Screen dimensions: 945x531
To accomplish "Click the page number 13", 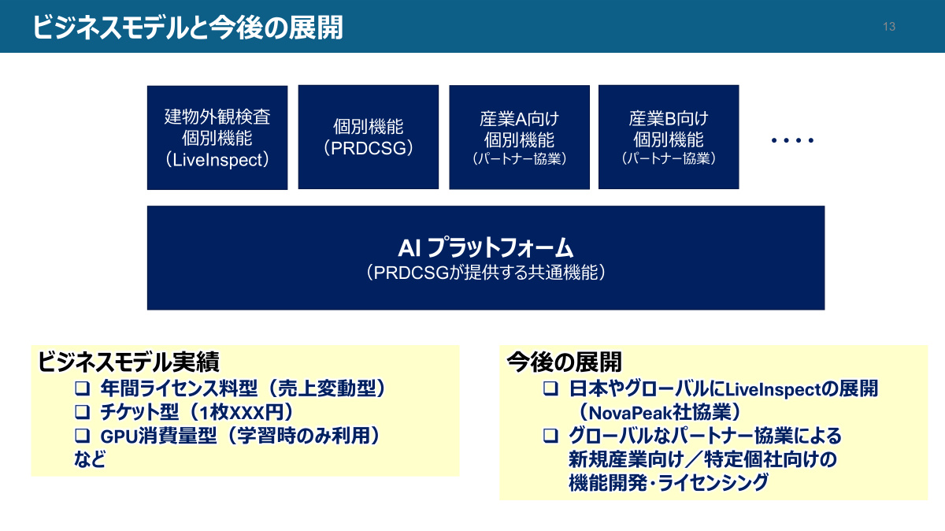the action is tap(889, 27).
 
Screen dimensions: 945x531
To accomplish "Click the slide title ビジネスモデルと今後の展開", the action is tap(187, 28).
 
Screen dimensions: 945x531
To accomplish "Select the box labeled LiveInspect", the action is tap(217, 138).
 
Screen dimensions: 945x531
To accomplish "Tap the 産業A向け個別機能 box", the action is tap(519, 137).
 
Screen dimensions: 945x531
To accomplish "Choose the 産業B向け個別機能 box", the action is tap(669, 137).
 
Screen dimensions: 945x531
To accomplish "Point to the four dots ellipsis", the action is tap(792, 140).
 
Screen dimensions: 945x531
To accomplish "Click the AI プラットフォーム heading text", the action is tap(486, 247).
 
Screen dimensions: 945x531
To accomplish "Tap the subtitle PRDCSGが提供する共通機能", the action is tap(486, 273).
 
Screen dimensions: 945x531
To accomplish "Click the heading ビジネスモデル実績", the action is tap(128, 362).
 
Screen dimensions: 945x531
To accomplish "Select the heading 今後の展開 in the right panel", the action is tap(565, 362).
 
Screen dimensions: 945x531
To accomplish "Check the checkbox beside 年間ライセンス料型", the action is tap(82, 388).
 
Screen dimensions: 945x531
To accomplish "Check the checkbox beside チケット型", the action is tap(82, 412).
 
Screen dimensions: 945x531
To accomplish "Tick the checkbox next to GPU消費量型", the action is tap(82, 436).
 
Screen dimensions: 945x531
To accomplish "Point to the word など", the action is tap(90, 459).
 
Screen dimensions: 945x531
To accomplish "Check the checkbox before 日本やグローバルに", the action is tap(550, 388).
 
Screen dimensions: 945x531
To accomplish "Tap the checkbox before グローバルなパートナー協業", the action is tap(550, 436).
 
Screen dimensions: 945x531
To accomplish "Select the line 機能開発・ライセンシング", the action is tap(669, 483).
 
